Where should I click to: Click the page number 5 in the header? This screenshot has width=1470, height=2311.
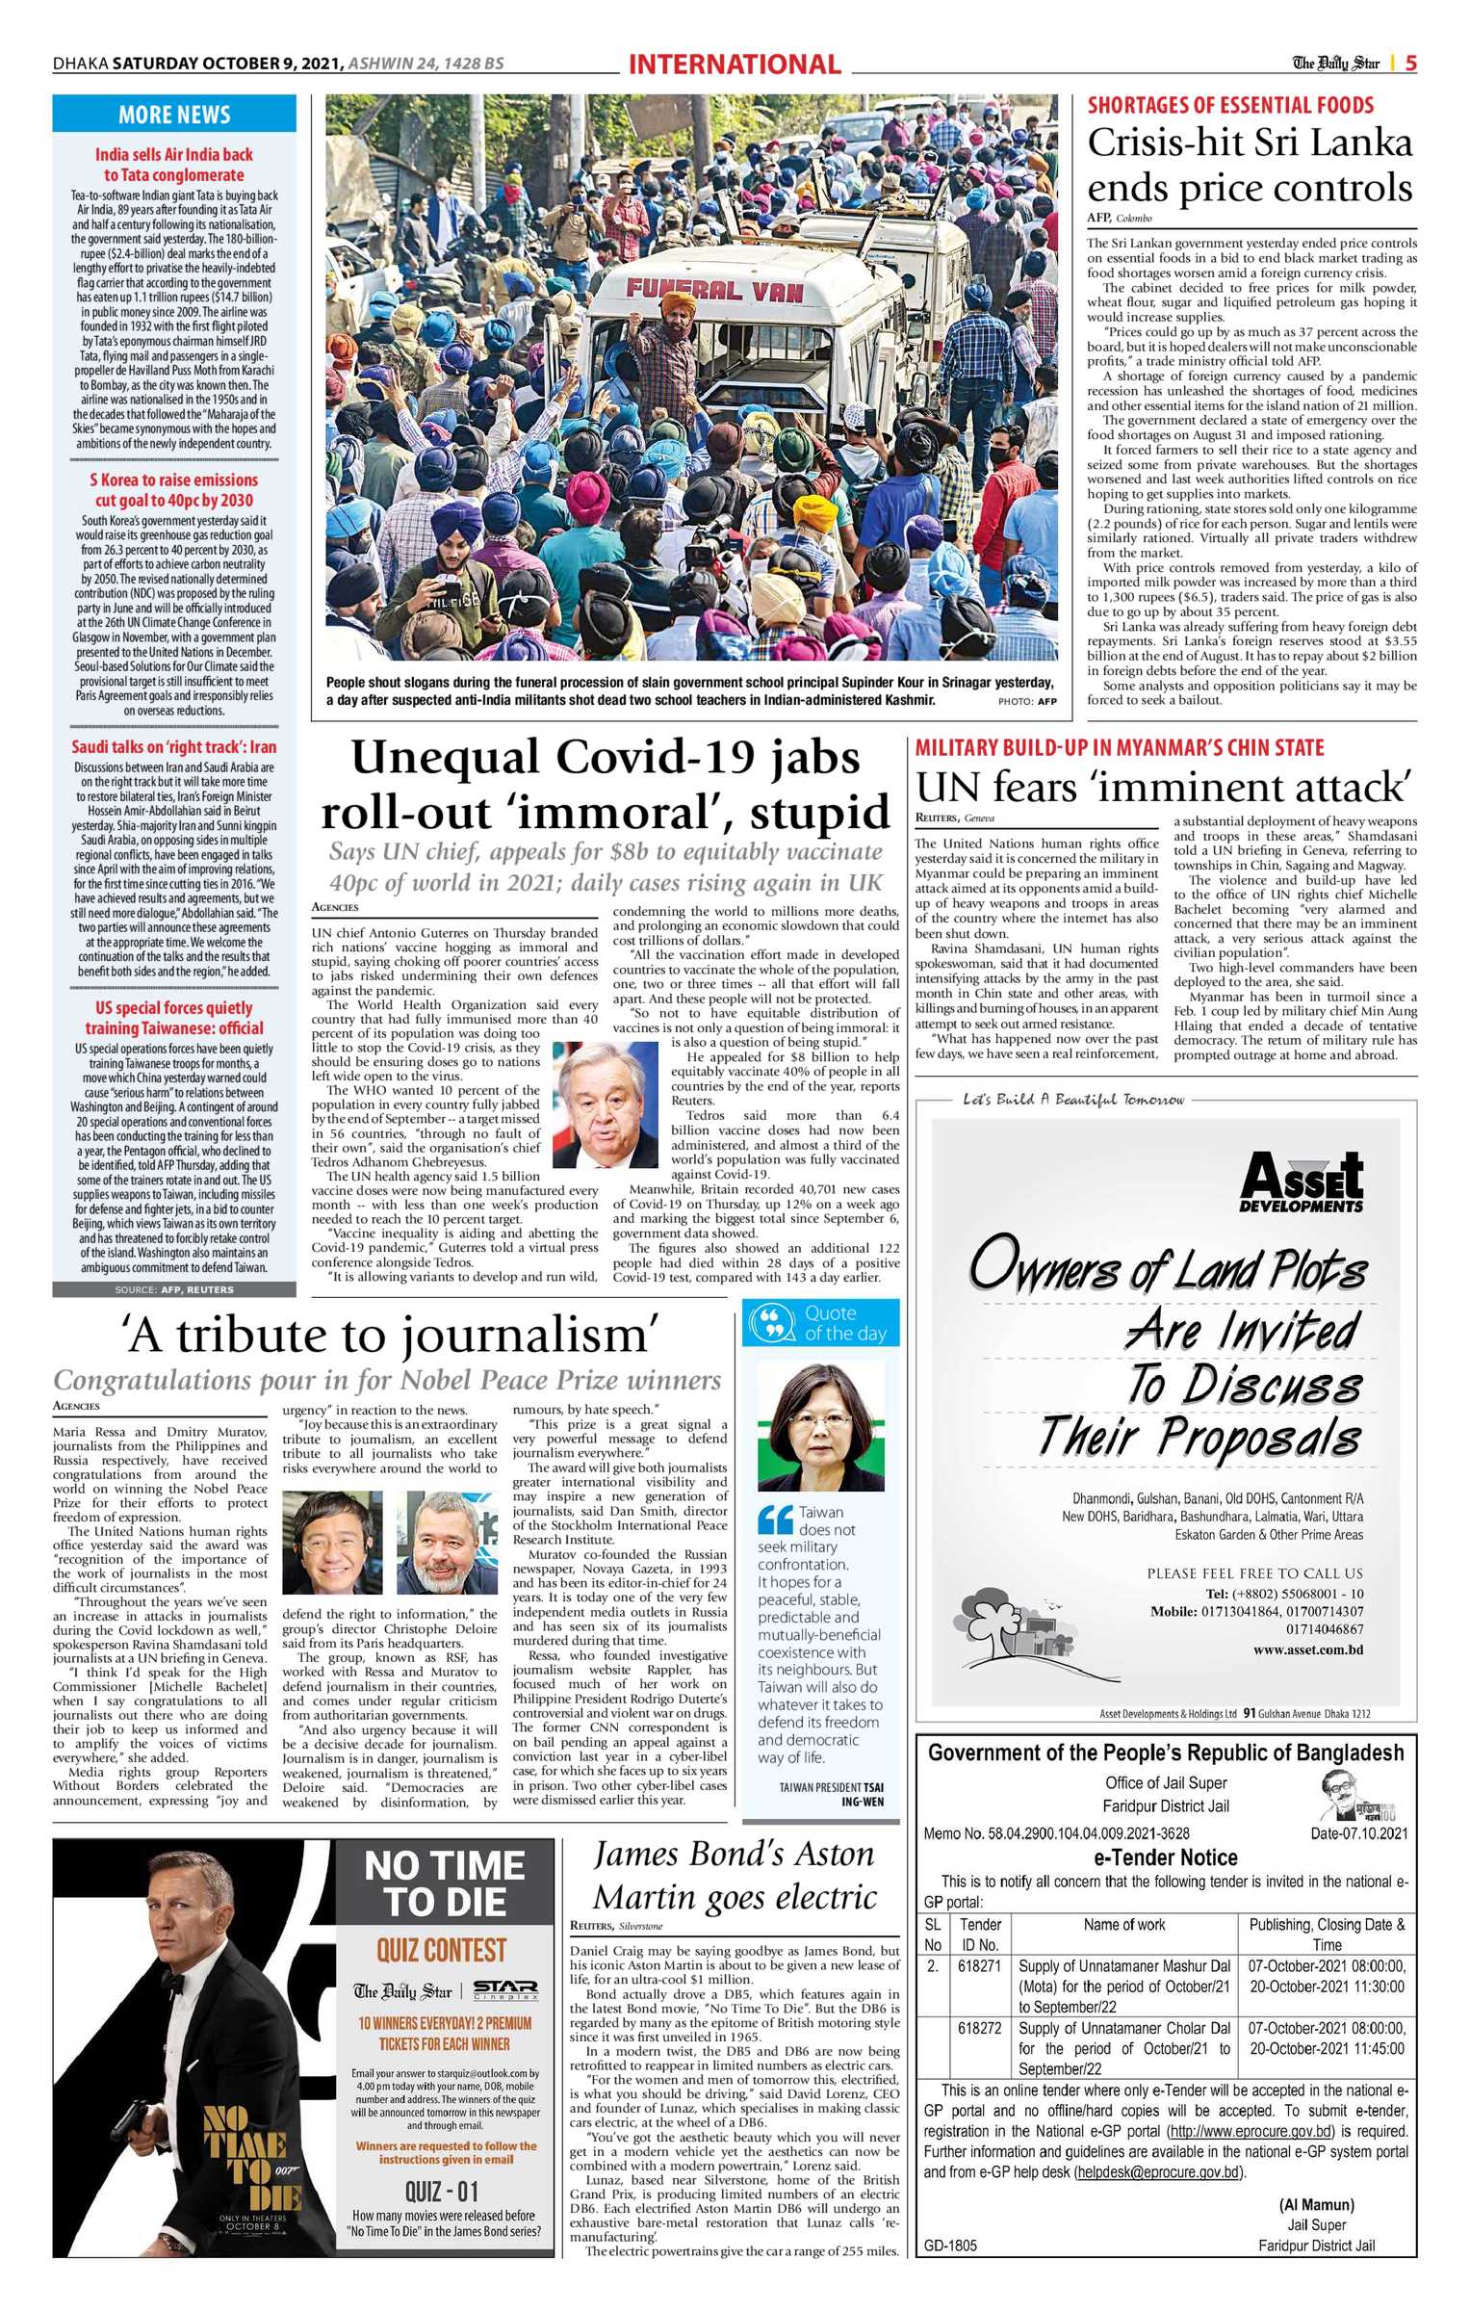point(1410,64)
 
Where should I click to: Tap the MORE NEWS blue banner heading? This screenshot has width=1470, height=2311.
point(174,115)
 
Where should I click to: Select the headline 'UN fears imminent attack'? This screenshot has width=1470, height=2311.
point(1164,788)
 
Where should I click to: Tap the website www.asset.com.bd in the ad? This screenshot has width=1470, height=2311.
point(1307,1649)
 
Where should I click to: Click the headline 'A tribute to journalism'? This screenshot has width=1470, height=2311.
point(390,1336)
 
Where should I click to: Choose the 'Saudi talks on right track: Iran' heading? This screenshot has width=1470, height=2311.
point(174,746)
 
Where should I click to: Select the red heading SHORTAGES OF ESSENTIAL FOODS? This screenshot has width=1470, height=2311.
point(1230,106)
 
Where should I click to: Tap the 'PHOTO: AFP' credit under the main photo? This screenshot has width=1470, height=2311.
point(1027,701)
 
